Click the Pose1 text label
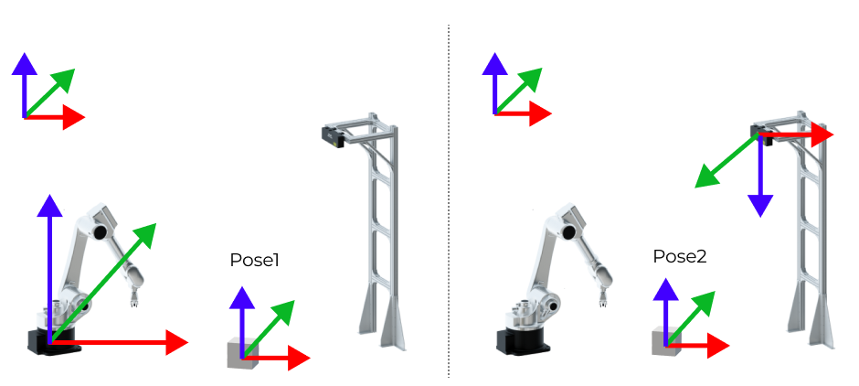point(254,261)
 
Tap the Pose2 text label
point(680,256)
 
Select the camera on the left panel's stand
point(331,136)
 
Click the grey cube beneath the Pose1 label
point(241,356)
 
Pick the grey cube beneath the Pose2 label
point(665,343)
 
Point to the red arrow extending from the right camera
point(800,134)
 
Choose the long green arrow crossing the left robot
point(110,274)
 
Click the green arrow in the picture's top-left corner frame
point(50,91)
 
